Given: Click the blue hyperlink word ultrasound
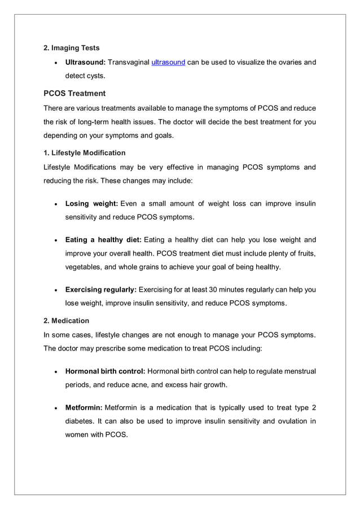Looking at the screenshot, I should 168,63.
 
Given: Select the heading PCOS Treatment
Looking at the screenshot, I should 74,93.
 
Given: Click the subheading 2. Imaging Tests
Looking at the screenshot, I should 72,48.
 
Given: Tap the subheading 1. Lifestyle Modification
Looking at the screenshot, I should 85,153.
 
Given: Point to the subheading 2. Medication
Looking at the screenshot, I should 67,321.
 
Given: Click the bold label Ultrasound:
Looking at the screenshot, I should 86,63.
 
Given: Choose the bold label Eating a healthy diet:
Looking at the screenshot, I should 103,240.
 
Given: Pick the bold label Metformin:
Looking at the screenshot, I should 84,407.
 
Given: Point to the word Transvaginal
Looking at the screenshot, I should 129,63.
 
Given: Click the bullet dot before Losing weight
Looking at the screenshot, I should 55,204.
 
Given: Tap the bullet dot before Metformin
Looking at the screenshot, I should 55,408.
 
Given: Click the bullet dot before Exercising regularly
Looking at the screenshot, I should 55,290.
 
